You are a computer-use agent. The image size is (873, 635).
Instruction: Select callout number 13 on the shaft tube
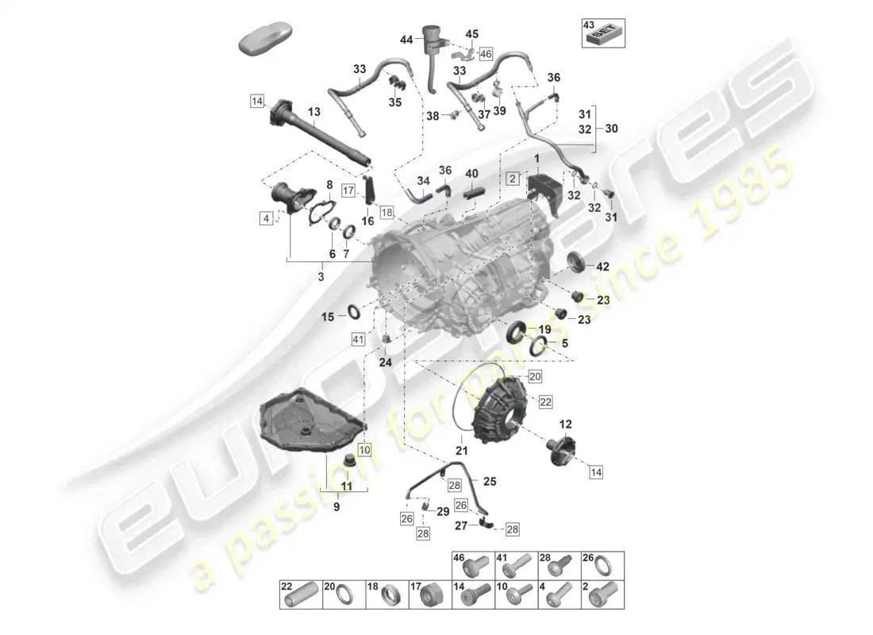coord(313,112)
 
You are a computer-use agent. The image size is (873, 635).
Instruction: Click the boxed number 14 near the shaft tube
coord(256,101)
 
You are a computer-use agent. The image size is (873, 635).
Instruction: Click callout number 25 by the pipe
coord(490,481)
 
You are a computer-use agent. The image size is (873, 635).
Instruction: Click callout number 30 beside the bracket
coord(611,129)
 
